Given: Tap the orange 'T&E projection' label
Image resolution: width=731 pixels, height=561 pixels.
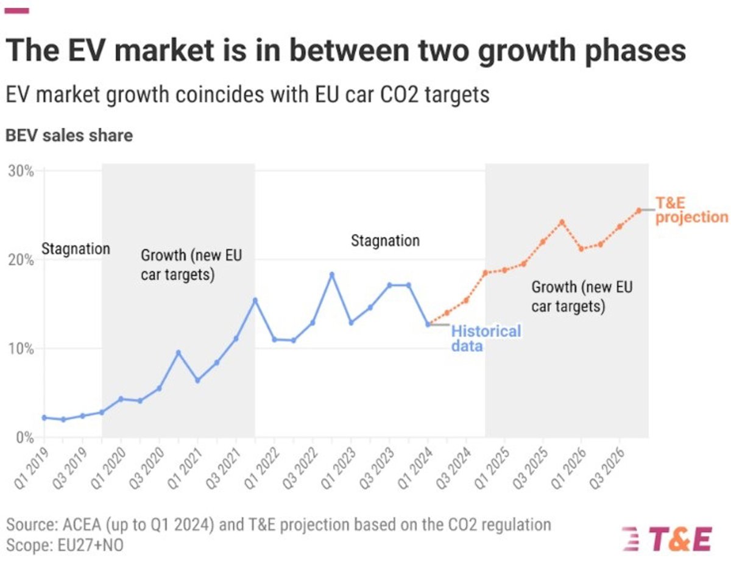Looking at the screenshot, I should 691,210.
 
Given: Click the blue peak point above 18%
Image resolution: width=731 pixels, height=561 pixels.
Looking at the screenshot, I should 332,274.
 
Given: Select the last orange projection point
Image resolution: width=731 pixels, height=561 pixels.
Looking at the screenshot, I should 638,210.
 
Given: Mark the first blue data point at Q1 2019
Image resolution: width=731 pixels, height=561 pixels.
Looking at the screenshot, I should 44,418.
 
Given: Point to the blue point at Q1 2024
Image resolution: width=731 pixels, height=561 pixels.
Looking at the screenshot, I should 428,324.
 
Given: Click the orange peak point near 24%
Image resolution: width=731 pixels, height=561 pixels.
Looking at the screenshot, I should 562,222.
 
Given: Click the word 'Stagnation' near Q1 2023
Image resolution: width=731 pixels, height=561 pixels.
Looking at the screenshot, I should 385,240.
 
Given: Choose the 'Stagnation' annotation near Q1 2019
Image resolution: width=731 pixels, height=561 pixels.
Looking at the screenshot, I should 76,249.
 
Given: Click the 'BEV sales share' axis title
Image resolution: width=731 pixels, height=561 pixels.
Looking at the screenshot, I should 69,135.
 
